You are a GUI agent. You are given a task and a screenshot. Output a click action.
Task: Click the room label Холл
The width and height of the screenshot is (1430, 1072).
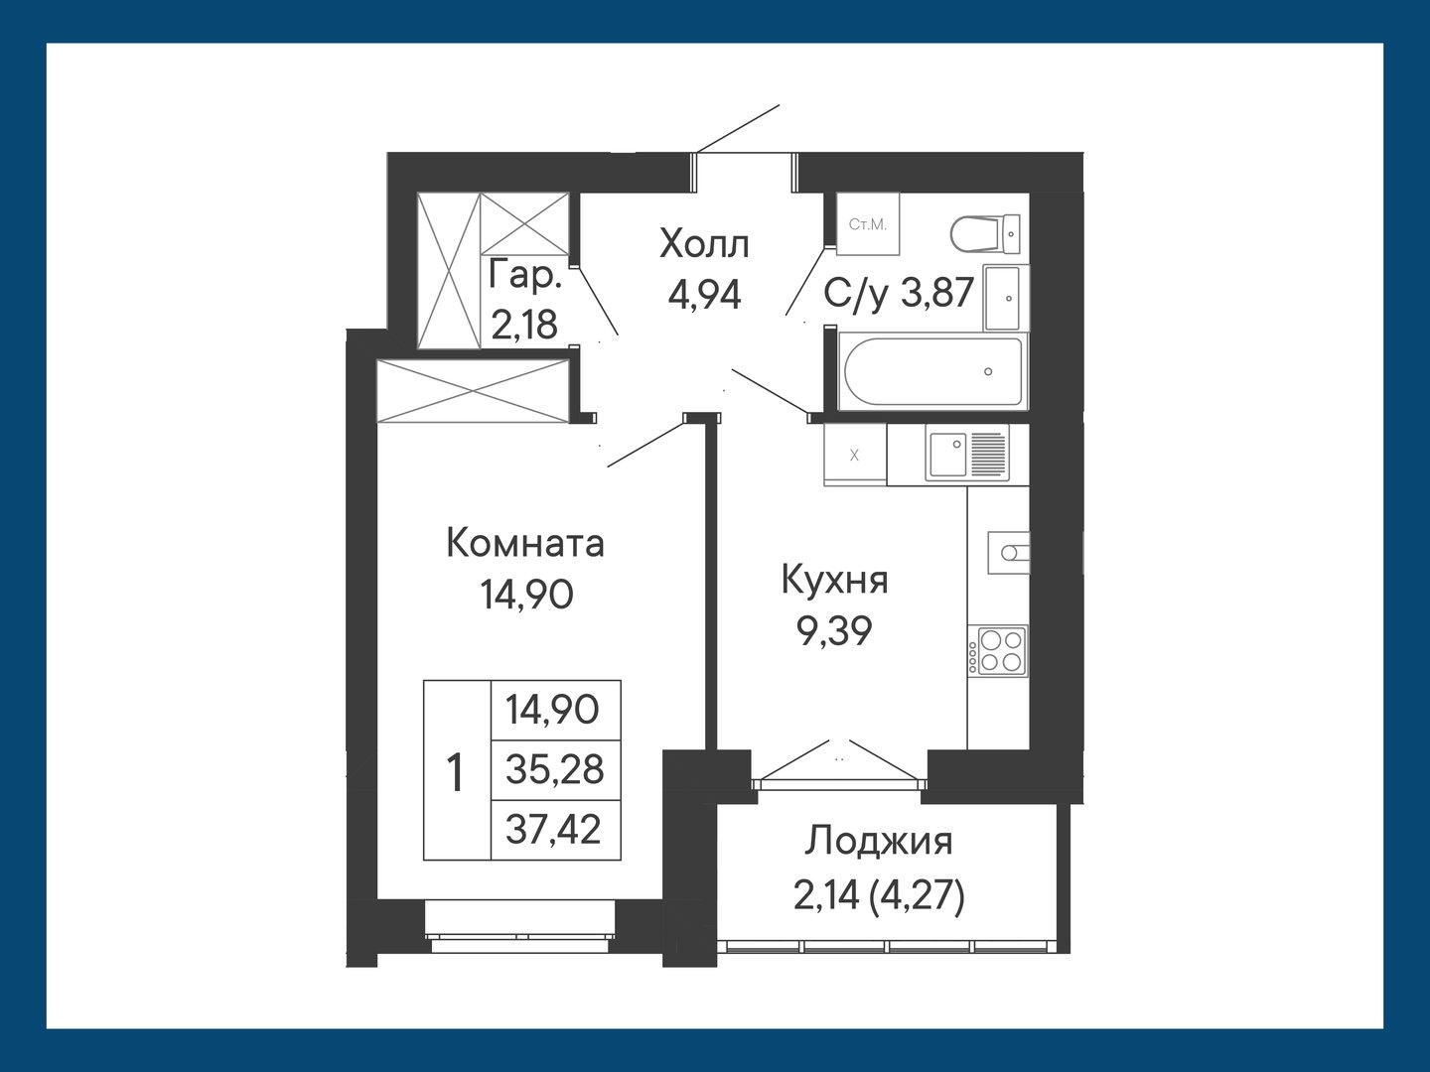pos(704,243)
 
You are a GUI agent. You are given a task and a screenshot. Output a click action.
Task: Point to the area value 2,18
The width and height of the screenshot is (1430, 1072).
pos(524,325)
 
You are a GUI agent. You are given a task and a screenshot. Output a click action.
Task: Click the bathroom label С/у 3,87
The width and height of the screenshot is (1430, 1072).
pos(899,293)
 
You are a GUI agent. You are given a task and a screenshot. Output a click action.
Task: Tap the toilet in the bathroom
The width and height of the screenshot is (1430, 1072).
pos(984,234)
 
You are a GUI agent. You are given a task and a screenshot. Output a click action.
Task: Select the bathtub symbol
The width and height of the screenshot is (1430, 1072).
pos(930,372)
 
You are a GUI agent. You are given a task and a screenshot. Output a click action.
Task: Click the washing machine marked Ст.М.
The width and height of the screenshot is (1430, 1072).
pos(867,224)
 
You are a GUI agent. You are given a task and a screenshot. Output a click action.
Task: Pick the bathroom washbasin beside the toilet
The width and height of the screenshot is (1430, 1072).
pos(1006,297)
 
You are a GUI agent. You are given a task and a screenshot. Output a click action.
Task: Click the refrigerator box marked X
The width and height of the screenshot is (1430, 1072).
pos(854,455)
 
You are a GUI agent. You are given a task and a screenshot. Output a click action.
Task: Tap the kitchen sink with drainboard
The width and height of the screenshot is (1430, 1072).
pos(966,453)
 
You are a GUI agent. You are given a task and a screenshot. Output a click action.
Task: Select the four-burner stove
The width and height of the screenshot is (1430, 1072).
pos(998,651)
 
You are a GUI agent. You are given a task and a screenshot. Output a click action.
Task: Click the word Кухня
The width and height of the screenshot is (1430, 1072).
pos(834,580)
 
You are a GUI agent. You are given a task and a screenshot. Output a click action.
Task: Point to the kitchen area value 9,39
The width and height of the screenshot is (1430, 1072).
pos(834,630)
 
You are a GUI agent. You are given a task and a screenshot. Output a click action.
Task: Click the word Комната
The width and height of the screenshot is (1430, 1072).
pos(525,544)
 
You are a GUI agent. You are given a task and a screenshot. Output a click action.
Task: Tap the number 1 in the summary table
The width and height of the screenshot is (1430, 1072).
pos(456,772)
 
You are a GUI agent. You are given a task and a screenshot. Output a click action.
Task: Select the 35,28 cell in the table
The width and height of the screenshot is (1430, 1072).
pos(554,769)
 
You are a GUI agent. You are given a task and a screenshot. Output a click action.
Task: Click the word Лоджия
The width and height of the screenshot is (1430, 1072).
pos(878,842)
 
